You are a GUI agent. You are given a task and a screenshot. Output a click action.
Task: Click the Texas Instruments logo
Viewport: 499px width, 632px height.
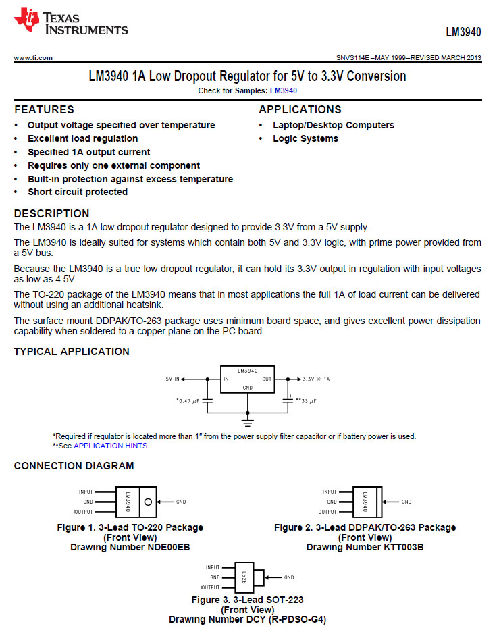pos(70,22)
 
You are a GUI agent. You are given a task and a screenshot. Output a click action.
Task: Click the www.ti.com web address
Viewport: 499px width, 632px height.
pos(33,58)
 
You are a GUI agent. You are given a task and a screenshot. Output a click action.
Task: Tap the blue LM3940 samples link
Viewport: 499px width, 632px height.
pos(284,90)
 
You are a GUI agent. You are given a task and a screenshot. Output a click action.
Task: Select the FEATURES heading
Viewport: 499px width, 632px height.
pos(44,109)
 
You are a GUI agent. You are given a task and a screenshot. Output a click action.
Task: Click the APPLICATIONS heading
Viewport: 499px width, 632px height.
pos(300,109)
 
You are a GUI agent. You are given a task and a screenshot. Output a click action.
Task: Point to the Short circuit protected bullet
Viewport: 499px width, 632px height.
pos(78,192)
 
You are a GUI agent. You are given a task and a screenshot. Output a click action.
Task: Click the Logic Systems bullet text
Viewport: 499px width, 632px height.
pos(305,138)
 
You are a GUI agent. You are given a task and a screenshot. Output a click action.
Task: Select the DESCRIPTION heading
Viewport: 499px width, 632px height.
pos(51,213)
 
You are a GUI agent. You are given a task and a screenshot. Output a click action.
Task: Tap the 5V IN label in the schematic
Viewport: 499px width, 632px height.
pos(174,379)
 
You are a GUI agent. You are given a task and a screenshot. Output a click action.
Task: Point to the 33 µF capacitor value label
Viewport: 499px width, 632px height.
pos(306,401)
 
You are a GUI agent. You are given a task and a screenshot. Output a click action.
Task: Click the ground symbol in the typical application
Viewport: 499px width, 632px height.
pos(248,423)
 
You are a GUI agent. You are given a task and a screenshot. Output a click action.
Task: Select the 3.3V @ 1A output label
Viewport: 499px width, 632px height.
pos(316,379)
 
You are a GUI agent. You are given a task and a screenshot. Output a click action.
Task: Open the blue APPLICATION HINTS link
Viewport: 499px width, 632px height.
pos(111,446)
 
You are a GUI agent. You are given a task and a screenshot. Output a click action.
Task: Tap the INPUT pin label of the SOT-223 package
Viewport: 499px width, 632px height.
pos(213,568)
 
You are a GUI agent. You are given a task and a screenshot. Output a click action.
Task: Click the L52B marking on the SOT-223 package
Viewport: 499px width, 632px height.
pos(244,577)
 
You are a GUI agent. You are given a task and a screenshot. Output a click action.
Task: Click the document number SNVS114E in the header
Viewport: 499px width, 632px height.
pos(351,58)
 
